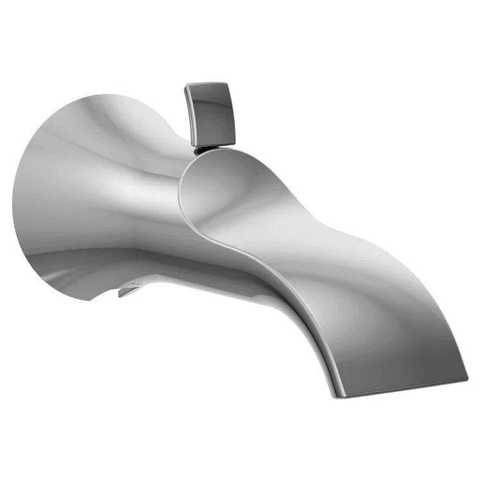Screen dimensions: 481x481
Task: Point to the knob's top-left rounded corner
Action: click(x=188, y=87)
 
